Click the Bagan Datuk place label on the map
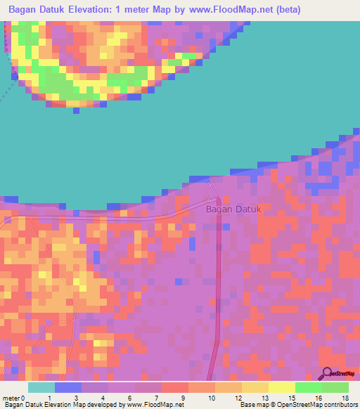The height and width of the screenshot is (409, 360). (x=233, y=209)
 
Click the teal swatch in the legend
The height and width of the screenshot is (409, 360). (x=41, y=387)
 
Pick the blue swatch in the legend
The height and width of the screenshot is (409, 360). (x=68, y=387)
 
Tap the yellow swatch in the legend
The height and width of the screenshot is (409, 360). (x=281, y=387)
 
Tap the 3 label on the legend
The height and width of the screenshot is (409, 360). (x=75, y=398)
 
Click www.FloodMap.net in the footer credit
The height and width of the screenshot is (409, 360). (x=153, y=405)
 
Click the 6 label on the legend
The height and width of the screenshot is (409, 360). (x=129, y=398)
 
